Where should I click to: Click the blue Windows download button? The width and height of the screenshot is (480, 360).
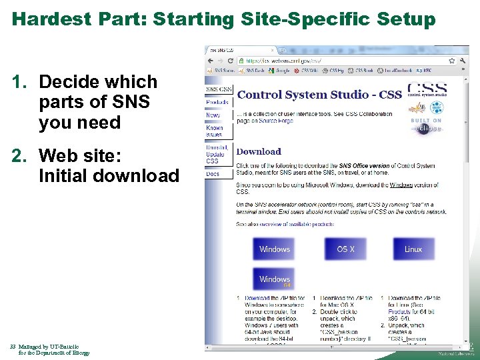[275, 249]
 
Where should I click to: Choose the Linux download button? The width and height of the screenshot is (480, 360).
[413, 249]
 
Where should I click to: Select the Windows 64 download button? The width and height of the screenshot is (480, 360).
[275, 279]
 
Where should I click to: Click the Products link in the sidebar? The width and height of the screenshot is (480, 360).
[217, 102]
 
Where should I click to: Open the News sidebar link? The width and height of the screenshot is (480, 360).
[213, 115]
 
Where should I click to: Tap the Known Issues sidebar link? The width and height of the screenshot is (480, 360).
[215, 131]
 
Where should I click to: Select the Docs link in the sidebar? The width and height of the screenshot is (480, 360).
[213, 174]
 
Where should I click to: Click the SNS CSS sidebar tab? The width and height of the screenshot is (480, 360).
[219, 89]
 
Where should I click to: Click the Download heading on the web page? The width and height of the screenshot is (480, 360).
[259, 151]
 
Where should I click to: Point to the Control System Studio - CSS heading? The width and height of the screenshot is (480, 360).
[319, 95]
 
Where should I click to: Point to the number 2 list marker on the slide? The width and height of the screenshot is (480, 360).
[19, 155]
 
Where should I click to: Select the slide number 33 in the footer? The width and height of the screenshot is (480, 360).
[13, 347]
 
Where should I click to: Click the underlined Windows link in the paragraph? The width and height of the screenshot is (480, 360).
[402, 185]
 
